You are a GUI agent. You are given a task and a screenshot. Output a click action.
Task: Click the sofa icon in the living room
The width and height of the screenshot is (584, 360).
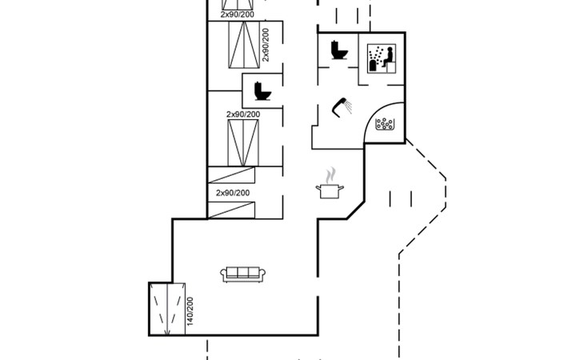coord(243,274)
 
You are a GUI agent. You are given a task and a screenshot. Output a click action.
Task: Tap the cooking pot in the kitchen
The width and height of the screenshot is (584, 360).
coord(330,191)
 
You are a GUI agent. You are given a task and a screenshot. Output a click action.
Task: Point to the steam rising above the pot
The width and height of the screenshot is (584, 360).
coord(330,175)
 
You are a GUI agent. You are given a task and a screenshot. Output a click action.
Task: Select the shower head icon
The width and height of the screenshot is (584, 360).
coord(344,106)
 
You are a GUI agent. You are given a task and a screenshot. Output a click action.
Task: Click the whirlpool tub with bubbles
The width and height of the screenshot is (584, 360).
coord(386,125)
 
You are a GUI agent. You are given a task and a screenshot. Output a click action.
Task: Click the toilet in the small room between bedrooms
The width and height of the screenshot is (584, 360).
coord(262,90)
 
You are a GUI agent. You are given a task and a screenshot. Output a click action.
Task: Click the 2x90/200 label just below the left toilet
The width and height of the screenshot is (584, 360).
coord(242,114)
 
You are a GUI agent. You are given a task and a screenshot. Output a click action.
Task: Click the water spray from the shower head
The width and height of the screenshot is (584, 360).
coord(338,113)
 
